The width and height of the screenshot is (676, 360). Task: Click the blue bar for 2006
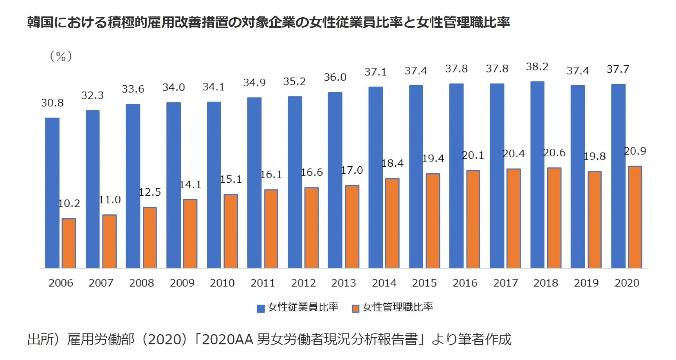[x=52, y=193]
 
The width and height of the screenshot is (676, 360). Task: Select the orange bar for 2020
[x=635, y=217]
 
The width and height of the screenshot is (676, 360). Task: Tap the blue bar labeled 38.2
[x=537, y=175]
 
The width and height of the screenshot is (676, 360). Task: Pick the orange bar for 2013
[x=352, y=227]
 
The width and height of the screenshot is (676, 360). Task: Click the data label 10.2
[x=69, y=203]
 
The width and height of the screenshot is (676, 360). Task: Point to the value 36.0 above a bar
[x=335, y=77]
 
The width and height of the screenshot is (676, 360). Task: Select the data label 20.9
[x=635, y=151]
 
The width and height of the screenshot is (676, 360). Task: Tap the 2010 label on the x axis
[x=222, y=283]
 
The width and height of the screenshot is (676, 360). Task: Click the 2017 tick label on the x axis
[x=505, y=283]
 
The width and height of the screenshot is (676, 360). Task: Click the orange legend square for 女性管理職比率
[x=355, y=309]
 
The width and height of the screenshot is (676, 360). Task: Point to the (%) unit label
[x=61, y=56]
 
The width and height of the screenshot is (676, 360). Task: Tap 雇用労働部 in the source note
[x=101, y=339]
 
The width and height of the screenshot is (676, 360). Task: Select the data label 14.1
[x=190, y=185]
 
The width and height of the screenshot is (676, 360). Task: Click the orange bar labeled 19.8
[x=594, y=220]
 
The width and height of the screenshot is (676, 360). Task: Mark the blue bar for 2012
[x=295, y=182]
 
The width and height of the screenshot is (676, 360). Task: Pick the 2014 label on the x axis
[x=384, y=283]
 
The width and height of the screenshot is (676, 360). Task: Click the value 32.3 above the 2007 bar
[x=92, y=95]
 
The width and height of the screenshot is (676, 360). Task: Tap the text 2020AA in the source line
[x=228, y=339]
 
